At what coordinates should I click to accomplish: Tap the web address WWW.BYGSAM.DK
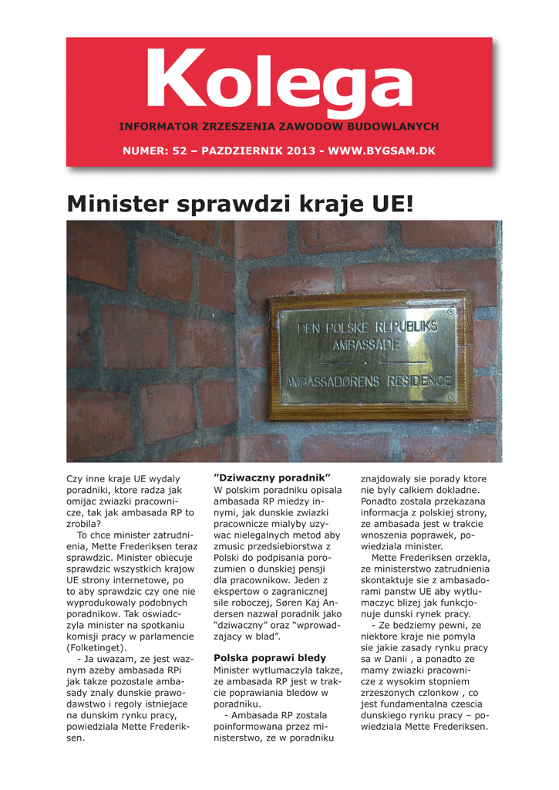pos(382,150)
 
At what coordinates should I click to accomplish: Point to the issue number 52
pos(180,150)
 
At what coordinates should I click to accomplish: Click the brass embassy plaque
pos(369,355)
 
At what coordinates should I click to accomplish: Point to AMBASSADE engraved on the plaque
pos(366,345)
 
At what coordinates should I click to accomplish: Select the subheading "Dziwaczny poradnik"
pos(271,478)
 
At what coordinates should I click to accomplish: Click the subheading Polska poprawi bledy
pos(270,658)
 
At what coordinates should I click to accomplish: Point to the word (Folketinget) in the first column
pos(97,648)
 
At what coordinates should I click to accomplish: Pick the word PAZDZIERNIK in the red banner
pos(241,150)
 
